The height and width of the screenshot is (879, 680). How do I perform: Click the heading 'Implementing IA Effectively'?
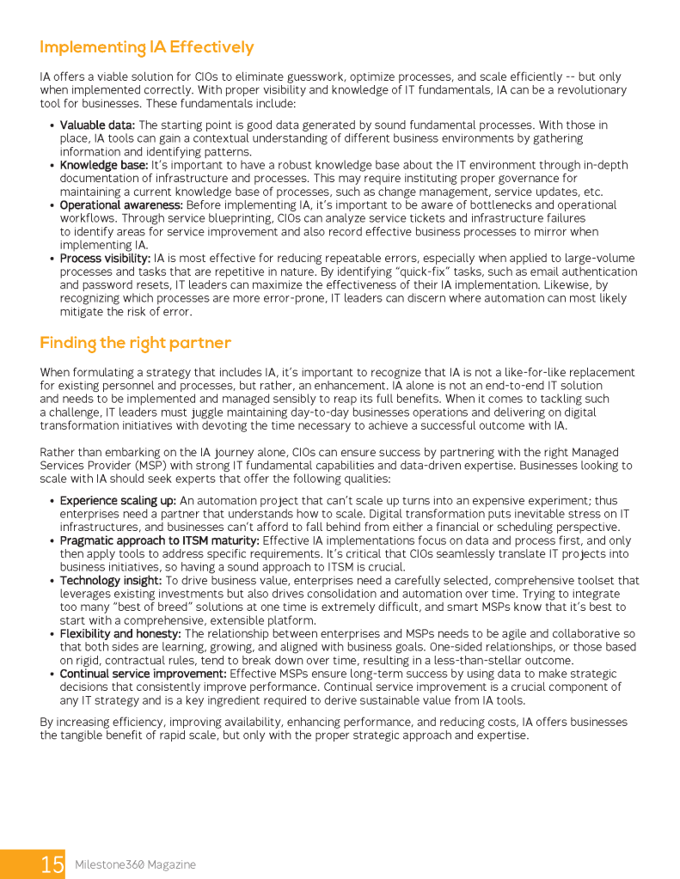tap(147, 47)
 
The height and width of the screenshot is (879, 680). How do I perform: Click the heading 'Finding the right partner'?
tap(136, 343)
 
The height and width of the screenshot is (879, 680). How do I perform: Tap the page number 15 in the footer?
tap(52, 864)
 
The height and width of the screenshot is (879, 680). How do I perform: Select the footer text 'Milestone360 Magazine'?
tap(135, 864)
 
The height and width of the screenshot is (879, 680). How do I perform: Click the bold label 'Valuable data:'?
tap(98, 125)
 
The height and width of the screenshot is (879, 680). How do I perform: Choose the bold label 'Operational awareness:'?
tap(121, 204)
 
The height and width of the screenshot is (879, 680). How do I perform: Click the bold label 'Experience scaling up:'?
tap(118, 500)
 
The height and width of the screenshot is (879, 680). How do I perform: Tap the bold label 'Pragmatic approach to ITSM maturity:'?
tap(159, 540)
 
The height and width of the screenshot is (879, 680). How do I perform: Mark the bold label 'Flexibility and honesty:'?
tap(119, 633)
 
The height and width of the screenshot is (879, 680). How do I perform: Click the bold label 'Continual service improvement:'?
tap(143, 673)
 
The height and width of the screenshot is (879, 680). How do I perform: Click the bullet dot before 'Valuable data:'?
tap(52, 126)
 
